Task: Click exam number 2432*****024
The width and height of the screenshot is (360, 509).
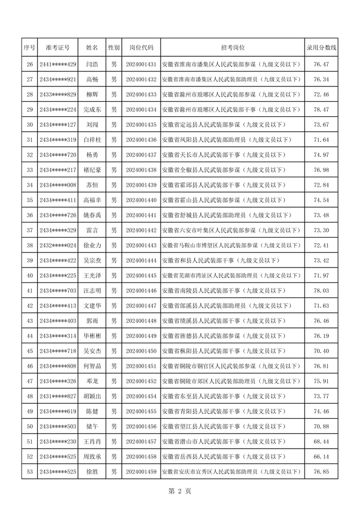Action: tap(58, 245)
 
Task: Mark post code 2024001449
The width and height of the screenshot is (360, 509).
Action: tap(141, 336)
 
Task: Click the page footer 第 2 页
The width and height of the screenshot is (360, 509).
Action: tap(179, 491)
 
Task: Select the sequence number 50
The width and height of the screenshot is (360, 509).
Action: tap(29, 426)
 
